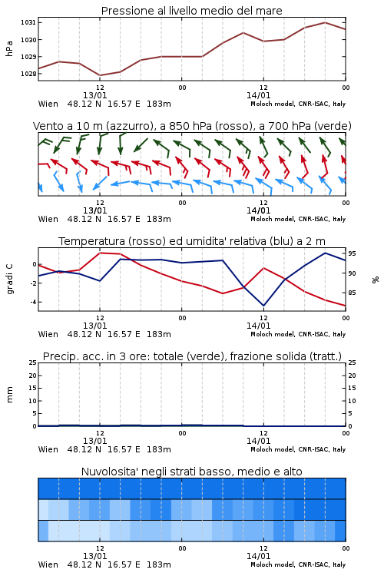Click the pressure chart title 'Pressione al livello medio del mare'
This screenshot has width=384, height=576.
[x=191, y=11]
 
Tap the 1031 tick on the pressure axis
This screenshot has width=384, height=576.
[x=28, y=22]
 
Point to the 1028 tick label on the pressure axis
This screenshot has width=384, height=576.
[x=28, y=74]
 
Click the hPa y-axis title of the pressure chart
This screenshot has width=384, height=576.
[x=9, y=48]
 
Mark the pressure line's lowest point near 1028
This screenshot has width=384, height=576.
[x=100, y=75]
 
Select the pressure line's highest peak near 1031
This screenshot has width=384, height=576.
[x=325, y=22]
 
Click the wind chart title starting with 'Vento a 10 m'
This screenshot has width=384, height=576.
[x=192, y=126]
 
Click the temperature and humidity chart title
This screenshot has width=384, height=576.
[x=192, y=241]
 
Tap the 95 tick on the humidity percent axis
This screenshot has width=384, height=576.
[x=352, y=253]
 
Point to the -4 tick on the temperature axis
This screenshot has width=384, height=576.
[x=33, y=302]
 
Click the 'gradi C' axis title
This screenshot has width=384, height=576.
[x=9, y=279]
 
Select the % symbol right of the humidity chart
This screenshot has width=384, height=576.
[x=376, y=280]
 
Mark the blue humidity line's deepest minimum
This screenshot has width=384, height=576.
[x=263, y=306]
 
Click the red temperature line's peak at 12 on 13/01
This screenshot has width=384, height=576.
[x=100, y=253]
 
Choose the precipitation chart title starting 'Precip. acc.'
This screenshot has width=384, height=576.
[x=192, y=356]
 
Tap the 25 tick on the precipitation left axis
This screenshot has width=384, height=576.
[x=33, y=362]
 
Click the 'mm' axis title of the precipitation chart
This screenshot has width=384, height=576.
[x=9, y=395]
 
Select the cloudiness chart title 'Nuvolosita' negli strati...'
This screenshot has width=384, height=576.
[x=192, y=472]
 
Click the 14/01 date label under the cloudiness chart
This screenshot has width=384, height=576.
[x=258, y=556]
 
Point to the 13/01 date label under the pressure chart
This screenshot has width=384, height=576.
[x=94, y=95]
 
